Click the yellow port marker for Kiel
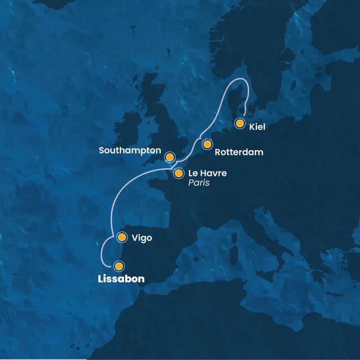point(240,123)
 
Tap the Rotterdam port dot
point(207,144)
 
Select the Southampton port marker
point(169,157)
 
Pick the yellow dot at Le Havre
point(178,173)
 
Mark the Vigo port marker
point(121,237)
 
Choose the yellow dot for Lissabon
point(118,266)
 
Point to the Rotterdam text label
point(239,152)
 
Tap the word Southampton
point(130,149)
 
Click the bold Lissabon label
point(121,279)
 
